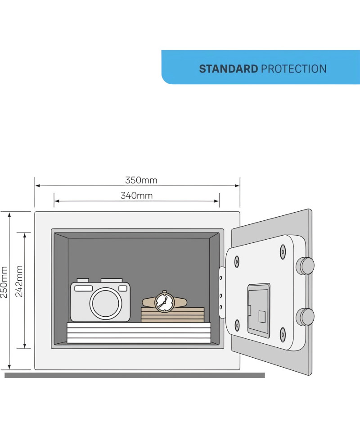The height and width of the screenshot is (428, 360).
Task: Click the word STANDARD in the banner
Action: (228, 69)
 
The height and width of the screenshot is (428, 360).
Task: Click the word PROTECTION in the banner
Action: (294, 69)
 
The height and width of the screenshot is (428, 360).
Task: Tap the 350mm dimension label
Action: (141, 180)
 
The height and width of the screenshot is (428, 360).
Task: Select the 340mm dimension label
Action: (137, 196)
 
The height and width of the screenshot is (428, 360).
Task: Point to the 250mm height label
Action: (4, 282)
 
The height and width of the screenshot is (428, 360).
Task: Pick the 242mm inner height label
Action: (19, 281)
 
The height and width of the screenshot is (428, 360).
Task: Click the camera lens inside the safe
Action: (106, 303)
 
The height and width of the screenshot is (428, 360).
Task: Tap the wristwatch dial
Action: (164, 302)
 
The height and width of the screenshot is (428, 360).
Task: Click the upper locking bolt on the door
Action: (305, 266)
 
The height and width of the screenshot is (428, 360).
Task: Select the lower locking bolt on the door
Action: (305, 317)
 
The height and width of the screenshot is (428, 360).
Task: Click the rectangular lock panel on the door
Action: (259, 310)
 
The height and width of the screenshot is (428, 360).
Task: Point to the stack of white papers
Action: (139, 333)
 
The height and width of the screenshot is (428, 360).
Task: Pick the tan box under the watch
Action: (173, 315)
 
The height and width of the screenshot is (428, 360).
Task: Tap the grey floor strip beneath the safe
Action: (135, 375)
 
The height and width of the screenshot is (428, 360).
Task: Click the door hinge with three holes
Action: (222, 292)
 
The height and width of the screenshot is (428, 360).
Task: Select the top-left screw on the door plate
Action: (237, 261)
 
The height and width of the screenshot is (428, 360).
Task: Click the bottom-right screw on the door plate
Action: (283, 334)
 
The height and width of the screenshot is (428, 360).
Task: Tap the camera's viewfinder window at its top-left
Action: (83, 288)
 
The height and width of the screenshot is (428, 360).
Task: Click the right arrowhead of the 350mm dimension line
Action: (237, 186)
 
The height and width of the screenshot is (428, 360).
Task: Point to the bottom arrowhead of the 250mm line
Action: (9, 367)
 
